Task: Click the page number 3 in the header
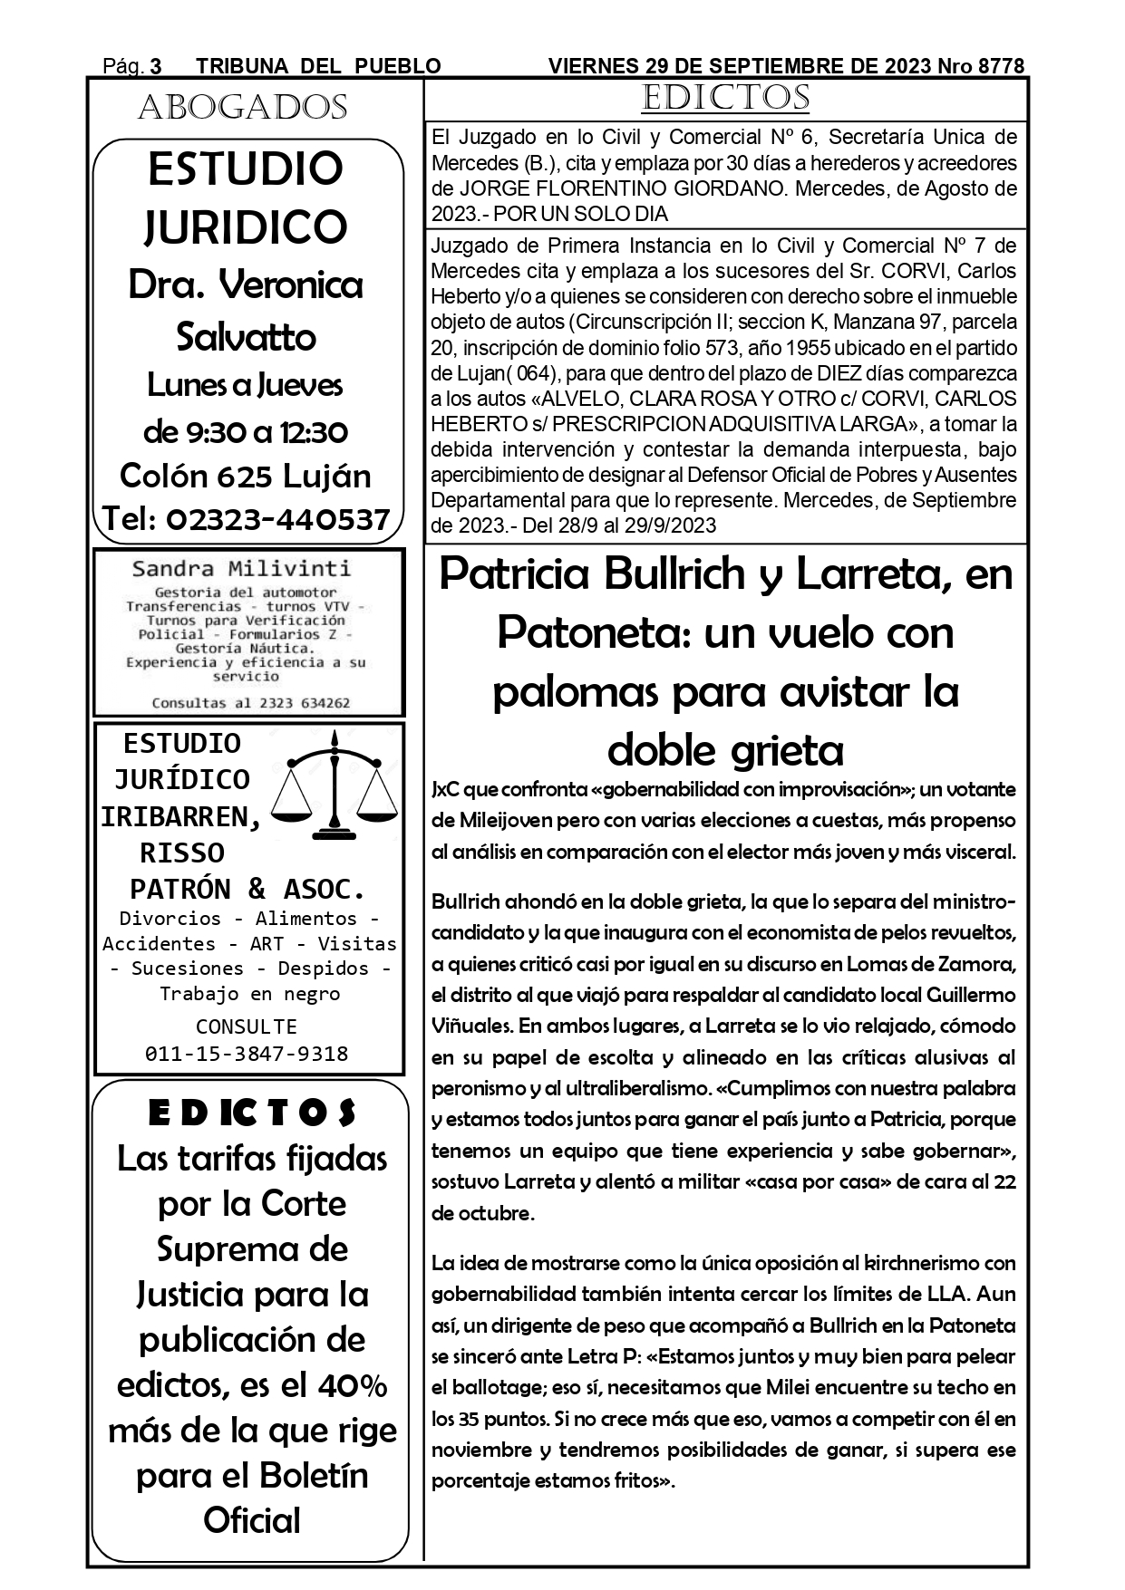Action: [x=155, y=66]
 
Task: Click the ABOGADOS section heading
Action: [x=243, y=108]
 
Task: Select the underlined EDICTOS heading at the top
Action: [x=724, y=98]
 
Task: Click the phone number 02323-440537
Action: [x=278, y=519]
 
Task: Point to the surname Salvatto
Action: [x=246, y=337]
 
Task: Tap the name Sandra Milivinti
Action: [x=241, y=569]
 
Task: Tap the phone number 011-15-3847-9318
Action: [x=247, y=1054]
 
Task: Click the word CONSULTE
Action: [x=247, y=1026]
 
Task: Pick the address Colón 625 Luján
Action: [x=246, y=476]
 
